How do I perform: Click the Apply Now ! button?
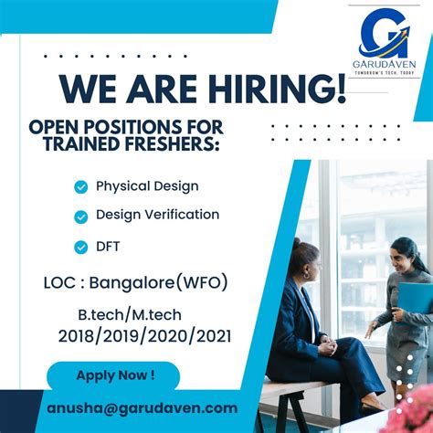tap(114, 375)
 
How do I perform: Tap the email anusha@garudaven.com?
tap(142, 408)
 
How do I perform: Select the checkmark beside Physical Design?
tap(81, 186)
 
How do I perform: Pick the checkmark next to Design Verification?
tap(81, 216)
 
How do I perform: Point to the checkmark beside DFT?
tap(81, 247)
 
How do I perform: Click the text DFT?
tap(109, 247)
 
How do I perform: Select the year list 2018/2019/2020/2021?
tap(144, 336)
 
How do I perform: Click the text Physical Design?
tap(147, 186)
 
